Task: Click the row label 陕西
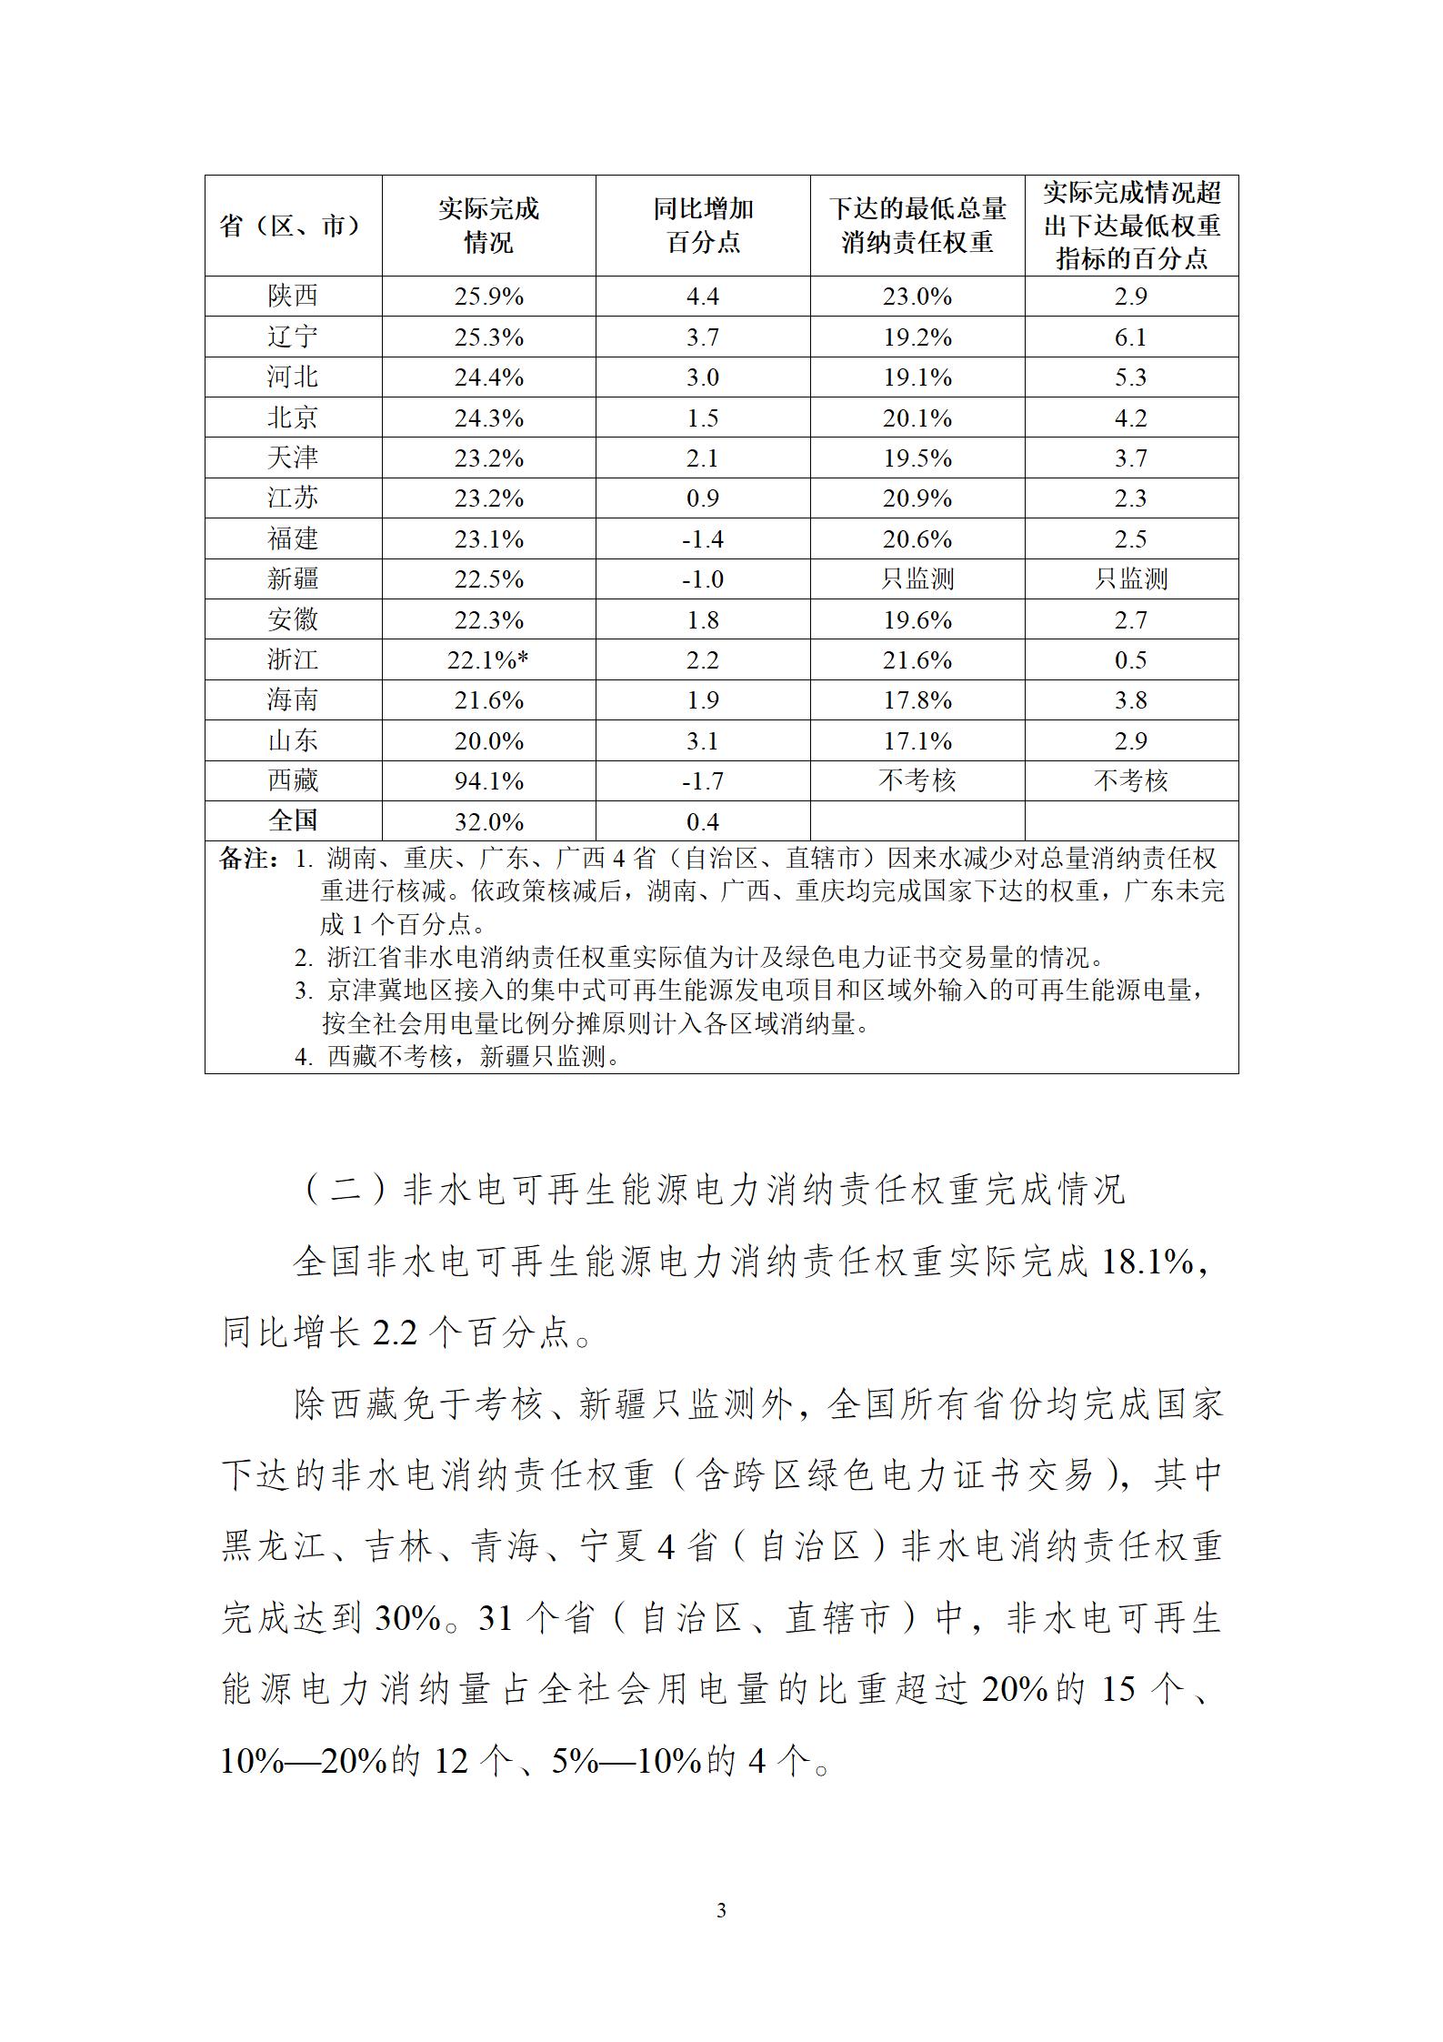tap(293, 297)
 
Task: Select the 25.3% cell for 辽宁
tap(489, 337)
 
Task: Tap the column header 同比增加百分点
tap(703, 226)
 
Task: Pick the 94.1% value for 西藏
tap(489, 781)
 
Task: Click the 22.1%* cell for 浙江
tap(488, 660)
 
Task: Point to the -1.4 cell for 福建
tap(703, 539)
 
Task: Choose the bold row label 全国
tap(293, 820)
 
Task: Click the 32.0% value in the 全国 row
tap(489, 822)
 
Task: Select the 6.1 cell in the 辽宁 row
tap(1131, 337)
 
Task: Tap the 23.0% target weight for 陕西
tap(917, 297)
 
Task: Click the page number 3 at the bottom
tap(721, 1911)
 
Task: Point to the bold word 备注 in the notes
tap(246, 859)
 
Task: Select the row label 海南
tap(293, 700)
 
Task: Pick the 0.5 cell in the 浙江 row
tap(1131, 660)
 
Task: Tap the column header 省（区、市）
tap(293, 226)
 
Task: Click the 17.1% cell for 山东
tap(917, 741)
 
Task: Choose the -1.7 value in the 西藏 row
tap(703, 781)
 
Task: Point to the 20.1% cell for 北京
tap(917, 418)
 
